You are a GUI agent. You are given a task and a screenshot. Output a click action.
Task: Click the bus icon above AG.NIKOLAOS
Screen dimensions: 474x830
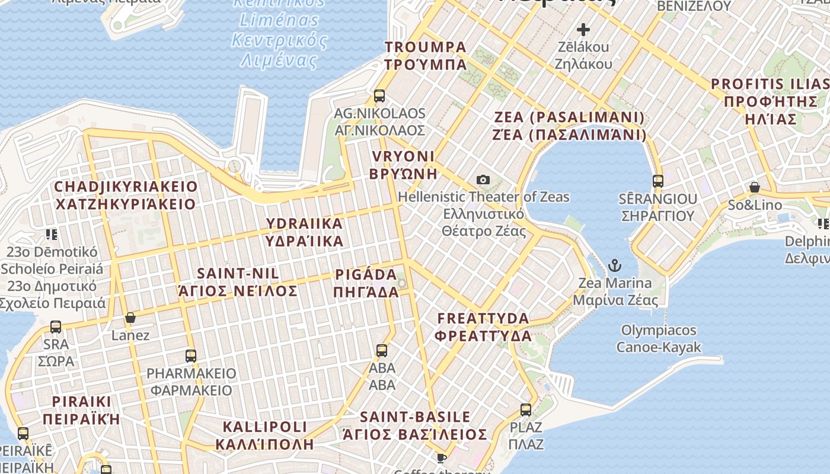point(379,95)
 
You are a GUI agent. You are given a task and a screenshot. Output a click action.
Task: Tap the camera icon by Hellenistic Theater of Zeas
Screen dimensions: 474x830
point(483,180)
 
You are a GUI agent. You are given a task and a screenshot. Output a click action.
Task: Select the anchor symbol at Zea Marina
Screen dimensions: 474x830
point(615,265)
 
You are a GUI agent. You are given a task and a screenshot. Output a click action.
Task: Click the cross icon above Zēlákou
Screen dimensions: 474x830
point(583,29)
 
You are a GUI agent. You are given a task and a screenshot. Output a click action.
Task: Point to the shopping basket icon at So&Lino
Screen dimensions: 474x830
point(755,188)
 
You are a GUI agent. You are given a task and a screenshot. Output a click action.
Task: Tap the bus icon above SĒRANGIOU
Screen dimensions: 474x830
point(657,181)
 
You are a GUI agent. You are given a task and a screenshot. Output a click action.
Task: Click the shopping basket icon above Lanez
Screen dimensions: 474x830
point(130,318)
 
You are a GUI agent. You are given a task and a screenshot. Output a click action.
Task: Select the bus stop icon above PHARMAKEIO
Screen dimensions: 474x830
point(191,355)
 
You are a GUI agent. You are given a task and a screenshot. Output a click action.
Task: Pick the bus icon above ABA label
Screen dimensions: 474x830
point(382,350)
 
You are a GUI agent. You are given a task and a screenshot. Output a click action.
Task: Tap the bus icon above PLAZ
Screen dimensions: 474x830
point(526,409)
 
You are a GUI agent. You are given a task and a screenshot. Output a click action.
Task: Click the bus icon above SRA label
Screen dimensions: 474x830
point(56,326)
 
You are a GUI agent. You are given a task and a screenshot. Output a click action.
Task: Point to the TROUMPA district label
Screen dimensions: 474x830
point(425,47)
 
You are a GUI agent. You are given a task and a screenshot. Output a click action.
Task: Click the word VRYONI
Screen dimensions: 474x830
point(403,156)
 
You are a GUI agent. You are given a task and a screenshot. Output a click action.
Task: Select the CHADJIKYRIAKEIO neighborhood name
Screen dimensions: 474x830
point(126,187)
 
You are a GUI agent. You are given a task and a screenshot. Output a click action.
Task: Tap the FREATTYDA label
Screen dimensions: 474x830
point(483,318)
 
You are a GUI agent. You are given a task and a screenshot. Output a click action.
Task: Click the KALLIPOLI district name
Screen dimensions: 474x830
point(264,427)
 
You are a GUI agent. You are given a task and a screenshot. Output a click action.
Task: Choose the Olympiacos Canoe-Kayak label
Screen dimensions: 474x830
point(659,338)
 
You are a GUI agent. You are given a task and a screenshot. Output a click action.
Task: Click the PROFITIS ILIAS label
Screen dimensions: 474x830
point(770,84)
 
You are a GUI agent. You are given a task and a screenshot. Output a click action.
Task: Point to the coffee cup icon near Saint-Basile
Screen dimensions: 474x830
point(441,457)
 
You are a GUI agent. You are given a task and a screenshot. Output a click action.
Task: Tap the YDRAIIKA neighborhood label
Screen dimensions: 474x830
point(304,223)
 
